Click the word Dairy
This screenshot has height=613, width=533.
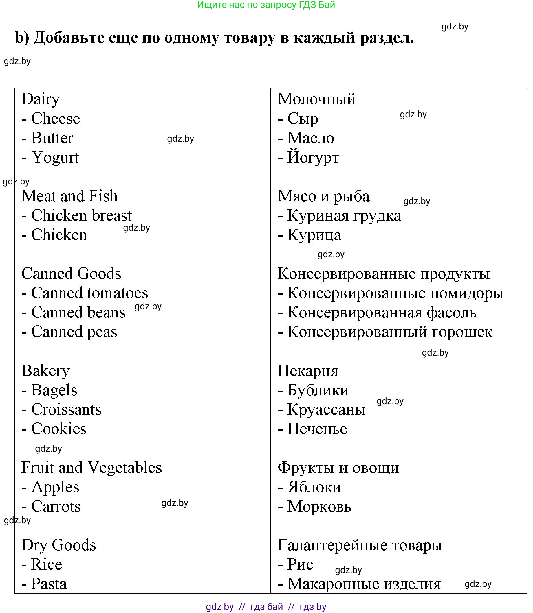click(x=41, y=99)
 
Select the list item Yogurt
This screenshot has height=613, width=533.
click(x=55, y=157)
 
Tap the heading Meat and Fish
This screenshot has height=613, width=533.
click(x=69, y=196)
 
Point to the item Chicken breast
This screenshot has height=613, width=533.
click(x=81, y=216)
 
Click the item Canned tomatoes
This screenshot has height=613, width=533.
click(x=89, y=293)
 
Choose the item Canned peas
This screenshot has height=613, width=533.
click(x=74, y=332)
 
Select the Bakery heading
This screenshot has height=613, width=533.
click(x=45, y=371)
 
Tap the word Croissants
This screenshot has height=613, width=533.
click(x=66, y=409)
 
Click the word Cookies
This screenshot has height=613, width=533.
click(x=58, y=429)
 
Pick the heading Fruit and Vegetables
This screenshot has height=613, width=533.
click(x=91, y=468)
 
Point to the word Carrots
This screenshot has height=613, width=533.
click(x=56, y=506)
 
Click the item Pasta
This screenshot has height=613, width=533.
click(x=49, y=584)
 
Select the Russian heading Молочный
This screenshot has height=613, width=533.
click(x=316, y=99)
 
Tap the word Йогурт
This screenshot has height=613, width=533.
click(x=313, y=157)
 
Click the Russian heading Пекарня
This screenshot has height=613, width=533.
click(x=308, y=371)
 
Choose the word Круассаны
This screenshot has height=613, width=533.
click(x=326, y=409)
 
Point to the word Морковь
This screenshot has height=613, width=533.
click(x=319, y=506)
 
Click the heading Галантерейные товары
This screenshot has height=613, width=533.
click(x=360, y=545)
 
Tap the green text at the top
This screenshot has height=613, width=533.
click(x=266, y=5)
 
